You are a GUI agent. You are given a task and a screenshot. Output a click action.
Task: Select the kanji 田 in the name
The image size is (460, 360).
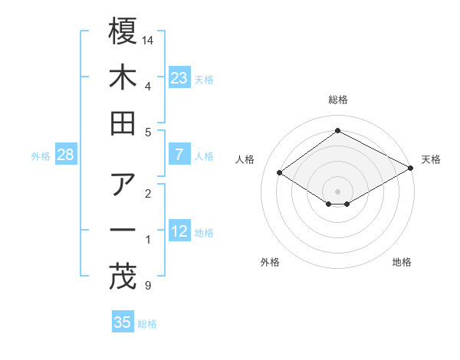coord(123,124)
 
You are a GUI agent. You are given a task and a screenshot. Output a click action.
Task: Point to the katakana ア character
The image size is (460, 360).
coord(123,184)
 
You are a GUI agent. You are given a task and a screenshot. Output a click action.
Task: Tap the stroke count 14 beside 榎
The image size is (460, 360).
coord(149,39)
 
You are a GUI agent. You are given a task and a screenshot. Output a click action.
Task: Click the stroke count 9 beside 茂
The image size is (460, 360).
coord(147,286)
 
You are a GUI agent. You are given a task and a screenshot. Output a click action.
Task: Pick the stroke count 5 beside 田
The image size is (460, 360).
coord(147,133)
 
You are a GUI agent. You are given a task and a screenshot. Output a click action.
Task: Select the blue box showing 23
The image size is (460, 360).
coord(179,77)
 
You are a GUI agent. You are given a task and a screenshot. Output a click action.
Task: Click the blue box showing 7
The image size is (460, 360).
coord(179,155)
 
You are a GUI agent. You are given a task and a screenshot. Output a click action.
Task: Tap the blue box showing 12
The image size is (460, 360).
coord(179,231)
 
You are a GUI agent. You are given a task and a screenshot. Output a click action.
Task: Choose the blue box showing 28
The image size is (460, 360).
coord(66,155)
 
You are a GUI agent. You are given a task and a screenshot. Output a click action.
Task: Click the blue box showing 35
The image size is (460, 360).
coord(123,322)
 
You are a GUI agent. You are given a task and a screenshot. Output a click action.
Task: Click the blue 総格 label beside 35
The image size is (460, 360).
coord(147,324)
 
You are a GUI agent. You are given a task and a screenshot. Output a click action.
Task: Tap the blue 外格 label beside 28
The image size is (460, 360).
coord(41,156)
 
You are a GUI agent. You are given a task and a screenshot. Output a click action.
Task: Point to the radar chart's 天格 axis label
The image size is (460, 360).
coord(432,159)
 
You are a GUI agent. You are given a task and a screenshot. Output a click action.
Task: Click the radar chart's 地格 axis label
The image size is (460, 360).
coord(402,262)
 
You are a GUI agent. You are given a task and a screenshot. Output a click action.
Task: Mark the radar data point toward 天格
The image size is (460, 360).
coord(412,169)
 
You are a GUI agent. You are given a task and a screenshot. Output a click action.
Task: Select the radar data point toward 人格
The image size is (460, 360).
coord(280,173)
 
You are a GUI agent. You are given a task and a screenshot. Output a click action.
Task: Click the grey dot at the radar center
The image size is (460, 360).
coord(337,191)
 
